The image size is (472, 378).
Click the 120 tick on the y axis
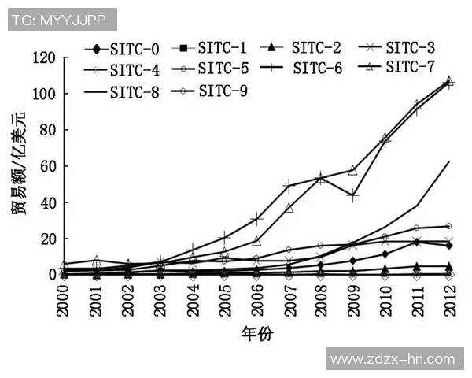coord(43,57)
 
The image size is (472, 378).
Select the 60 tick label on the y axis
coord(47,166)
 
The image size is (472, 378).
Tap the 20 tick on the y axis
coord(47,239)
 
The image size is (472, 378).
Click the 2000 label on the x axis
coord(64,300)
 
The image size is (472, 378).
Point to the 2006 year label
coord(256,300)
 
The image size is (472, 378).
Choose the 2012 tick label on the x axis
coord(449,300)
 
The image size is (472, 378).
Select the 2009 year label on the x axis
coord(353,300)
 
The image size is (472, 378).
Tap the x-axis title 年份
coord(256,334)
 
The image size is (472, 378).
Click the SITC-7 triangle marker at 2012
coord(449,80)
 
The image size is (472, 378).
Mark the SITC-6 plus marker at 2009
coord(353,195)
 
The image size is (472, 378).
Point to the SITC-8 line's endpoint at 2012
coord(449,161)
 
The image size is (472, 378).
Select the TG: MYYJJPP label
coord(63,20)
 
